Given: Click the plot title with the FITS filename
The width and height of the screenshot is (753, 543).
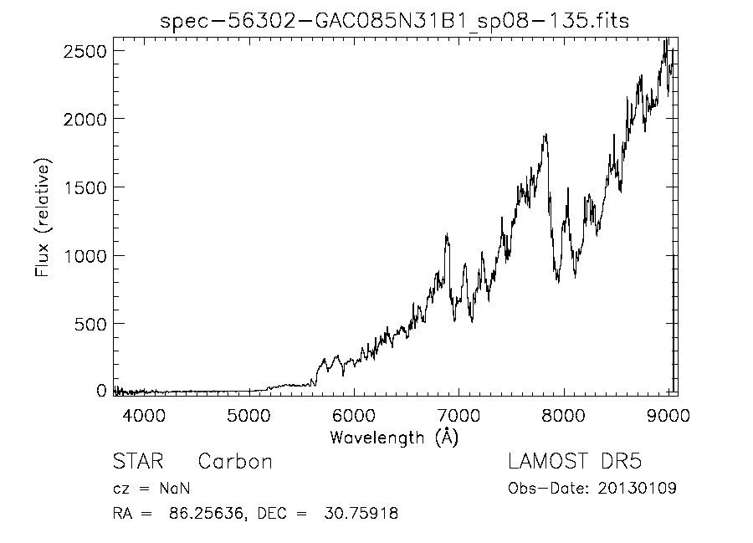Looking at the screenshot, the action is click(x=394, y=21).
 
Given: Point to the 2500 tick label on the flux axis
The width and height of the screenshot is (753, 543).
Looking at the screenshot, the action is click(x=85, y=51).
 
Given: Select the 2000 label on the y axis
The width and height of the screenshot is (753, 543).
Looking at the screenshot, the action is click(x=85, y=119).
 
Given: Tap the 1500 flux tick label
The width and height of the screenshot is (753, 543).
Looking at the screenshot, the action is click(x=85, y=187).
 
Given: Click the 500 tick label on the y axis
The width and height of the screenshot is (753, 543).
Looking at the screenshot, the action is click(x=90, y=325).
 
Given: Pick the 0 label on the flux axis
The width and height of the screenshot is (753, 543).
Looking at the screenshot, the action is click(x=101, y=391).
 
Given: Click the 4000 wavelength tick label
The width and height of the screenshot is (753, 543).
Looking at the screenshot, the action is click(x=144, y=415).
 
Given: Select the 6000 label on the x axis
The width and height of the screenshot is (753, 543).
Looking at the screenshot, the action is click(x=354, y=415).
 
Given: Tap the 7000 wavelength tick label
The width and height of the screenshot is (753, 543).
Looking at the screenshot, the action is click(x=458, y=415).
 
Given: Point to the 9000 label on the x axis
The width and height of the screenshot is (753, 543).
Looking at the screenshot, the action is click(x=668, y=415).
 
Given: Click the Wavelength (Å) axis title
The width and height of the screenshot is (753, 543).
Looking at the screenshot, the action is click(x=394, y=438).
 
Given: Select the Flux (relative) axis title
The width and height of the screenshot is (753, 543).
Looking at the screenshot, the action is click(x=43, y=218).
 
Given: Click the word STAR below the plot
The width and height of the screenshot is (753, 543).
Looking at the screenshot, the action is click(x=138, y=461).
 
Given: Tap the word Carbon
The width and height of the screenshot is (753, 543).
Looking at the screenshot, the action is click(x=235, y=461).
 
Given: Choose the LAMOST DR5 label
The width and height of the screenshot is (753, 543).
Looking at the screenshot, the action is click(x=575, y=461).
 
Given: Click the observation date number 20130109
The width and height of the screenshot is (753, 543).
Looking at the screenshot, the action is click(x=638, y=489).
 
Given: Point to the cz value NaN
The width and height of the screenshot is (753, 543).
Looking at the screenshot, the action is click(x=175, y=489).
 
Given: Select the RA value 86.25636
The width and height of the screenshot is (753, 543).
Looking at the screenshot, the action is click(x=206, y=513).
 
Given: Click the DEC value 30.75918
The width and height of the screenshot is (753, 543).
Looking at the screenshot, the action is click(x=361, y=513).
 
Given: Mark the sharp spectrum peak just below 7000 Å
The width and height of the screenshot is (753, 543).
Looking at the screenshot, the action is click(x=447, y=234).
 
